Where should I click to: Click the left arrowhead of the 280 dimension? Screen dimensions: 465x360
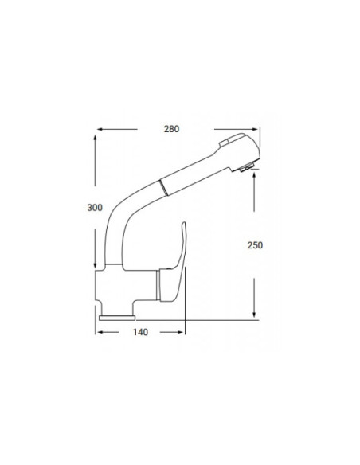pos(100,128)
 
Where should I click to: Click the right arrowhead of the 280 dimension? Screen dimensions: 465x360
pos(256,128)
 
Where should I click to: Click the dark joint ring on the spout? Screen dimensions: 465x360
pos(163,189)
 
